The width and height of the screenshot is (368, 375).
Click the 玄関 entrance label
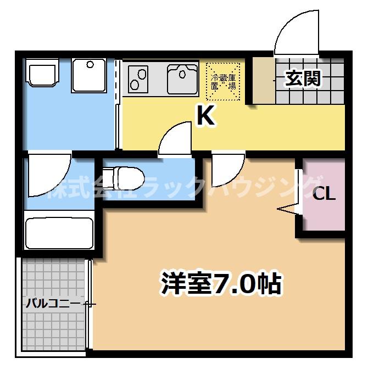pyautogui.click(x=302, y=79)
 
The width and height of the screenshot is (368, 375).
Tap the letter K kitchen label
pyautogui.click(x=205, y=116)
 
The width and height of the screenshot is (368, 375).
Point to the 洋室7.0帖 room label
pyautogui.click(x=221, y=284)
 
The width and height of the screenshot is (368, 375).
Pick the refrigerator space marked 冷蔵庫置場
pyautogui.click(x=224, y=81)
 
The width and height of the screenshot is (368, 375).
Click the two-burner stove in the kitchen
pyautogui.click(x=140, y=78)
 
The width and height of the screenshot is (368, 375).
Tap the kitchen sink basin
pyautogui.click(x=183, y=77)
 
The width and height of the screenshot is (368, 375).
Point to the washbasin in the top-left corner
pyautogui.click(x=42, y=74)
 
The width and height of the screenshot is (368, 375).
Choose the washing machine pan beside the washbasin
pyautogui.click(x=89, y=75)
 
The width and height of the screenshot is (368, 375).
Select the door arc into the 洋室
pyautogui.click(x=227, y=170)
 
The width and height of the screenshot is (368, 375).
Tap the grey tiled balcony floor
pyautogui.click(x=55, y=329)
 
